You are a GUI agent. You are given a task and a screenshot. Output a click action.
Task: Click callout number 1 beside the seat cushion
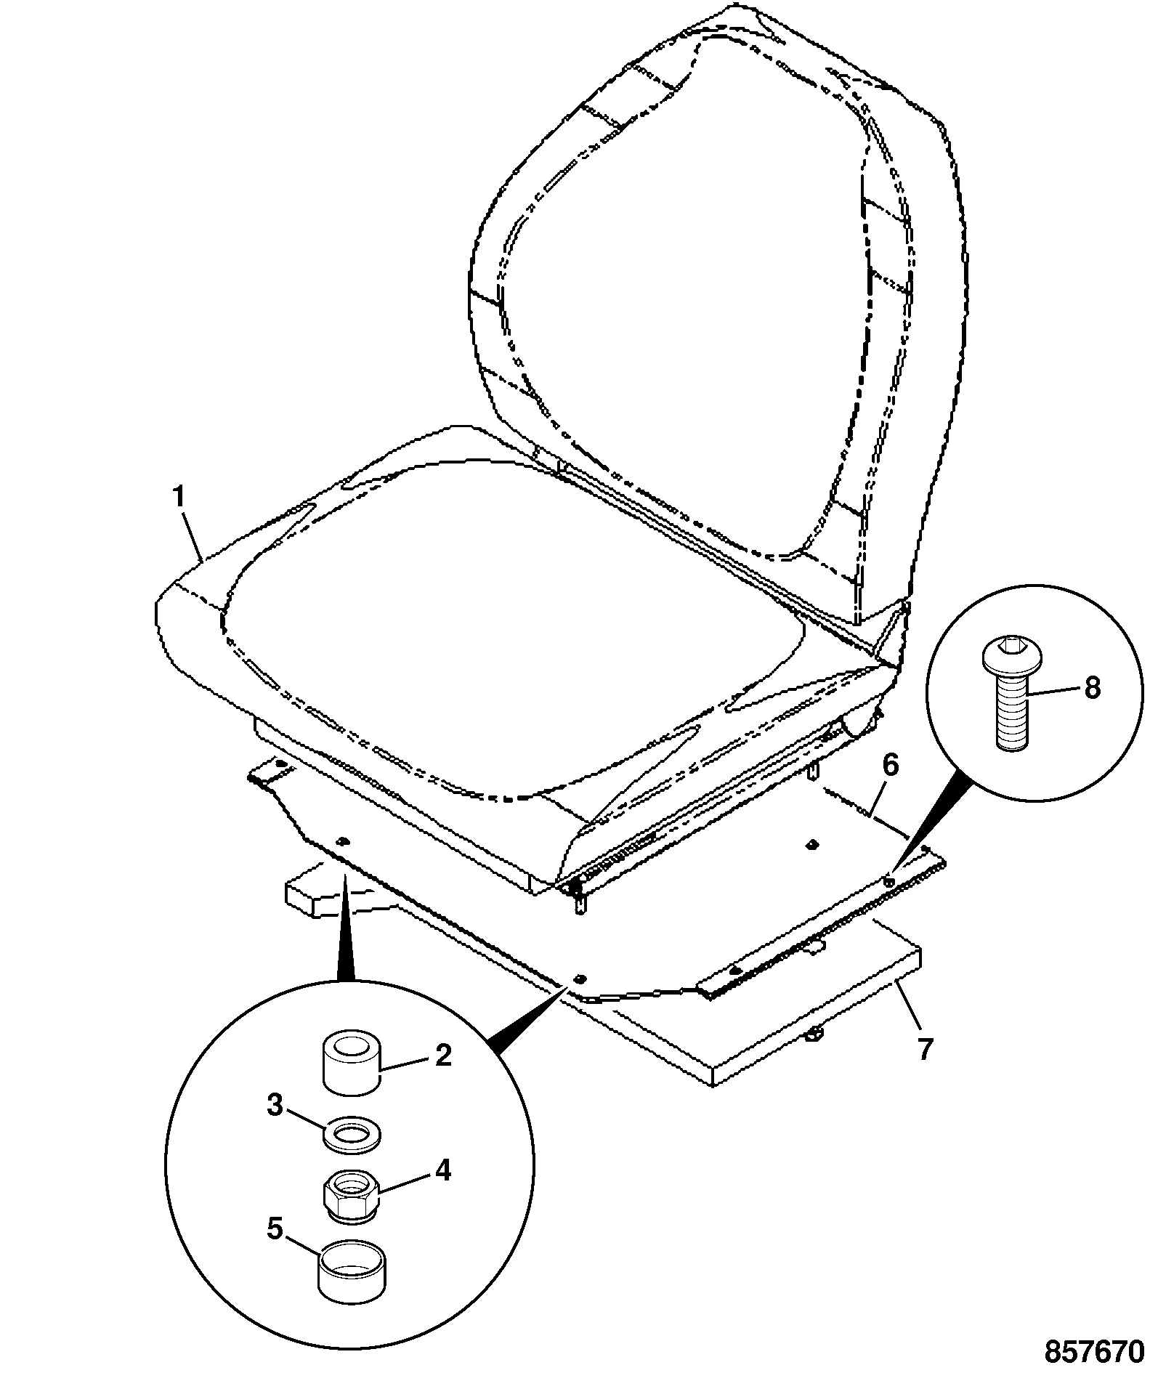(x=179, y=500)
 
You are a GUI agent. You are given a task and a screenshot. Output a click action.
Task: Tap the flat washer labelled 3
(x=352, y=1134)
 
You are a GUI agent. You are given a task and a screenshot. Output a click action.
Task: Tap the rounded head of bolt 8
(x=1011, y=657)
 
